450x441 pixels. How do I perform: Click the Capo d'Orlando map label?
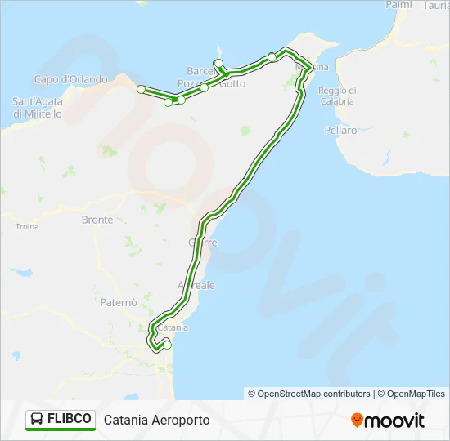pos(70,79)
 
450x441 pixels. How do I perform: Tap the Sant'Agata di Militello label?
pos(37,108)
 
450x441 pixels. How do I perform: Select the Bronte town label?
pos(97,220)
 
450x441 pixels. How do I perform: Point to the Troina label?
pos(27,226)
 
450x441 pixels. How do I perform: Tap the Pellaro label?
pos(340,131)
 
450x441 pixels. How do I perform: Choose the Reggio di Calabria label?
pos(336,96)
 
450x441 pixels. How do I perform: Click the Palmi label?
pos(398,5)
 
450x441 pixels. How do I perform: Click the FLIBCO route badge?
pos(61,420)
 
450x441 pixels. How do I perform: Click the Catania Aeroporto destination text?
pos(156,420)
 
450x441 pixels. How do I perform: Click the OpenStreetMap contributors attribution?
pos(309,394)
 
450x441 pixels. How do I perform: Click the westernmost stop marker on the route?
pos(141,89)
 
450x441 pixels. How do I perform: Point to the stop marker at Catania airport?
pos(168,345)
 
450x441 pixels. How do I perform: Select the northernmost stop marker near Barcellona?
pos(218,63)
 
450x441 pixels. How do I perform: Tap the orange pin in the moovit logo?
pos(357,421)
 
